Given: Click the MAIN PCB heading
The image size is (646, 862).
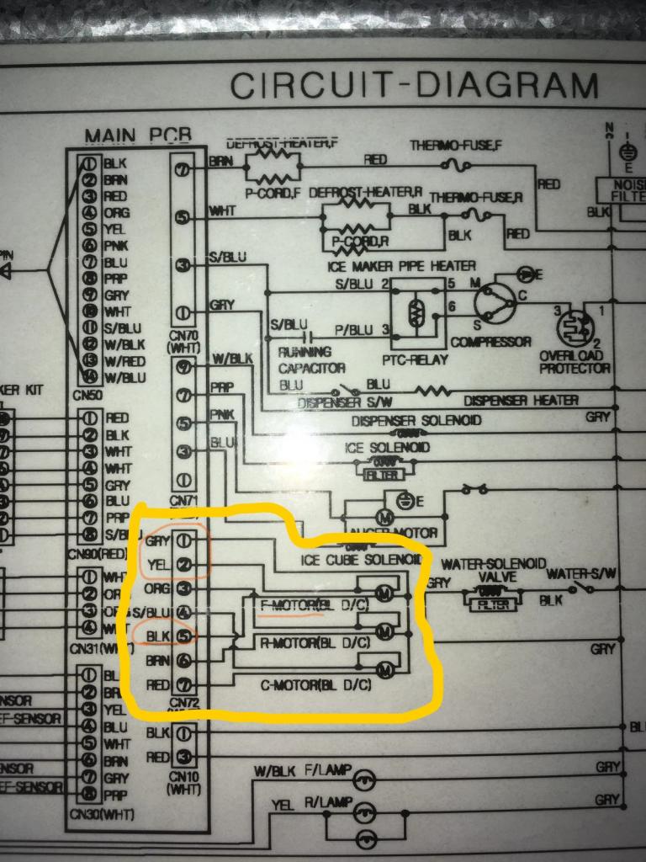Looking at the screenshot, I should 138,136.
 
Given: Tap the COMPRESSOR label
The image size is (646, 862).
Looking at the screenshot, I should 490,342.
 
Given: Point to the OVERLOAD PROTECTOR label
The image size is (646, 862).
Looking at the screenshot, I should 575,362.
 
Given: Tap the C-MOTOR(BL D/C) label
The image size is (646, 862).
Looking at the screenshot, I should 312,684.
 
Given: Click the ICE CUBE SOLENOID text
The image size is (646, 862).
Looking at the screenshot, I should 361,560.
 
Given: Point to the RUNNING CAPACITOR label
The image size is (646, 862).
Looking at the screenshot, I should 312,360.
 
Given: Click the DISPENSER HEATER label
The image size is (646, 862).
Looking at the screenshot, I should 521,401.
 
